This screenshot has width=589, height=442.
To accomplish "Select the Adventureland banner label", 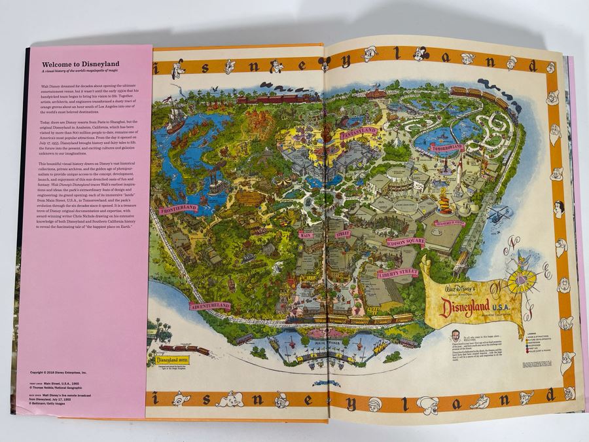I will point(209,306).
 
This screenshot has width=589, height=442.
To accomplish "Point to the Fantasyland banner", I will point(358,133).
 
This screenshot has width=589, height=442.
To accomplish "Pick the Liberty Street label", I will point(399,273).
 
